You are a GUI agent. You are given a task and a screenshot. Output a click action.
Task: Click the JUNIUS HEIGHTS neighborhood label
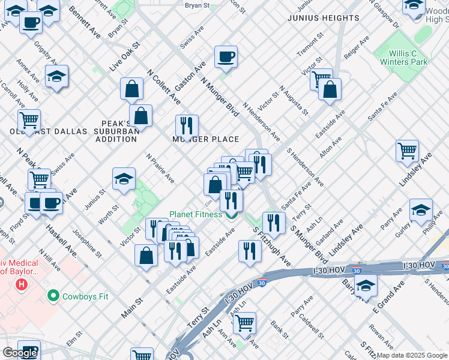(x=323, y=19)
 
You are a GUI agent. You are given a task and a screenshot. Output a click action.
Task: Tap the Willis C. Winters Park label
(x=403, y=57)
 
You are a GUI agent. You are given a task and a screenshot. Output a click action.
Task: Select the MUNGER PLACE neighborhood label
(x=206, y=139)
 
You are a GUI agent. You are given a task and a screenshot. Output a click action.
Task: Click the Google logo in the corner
(x=19, y=353)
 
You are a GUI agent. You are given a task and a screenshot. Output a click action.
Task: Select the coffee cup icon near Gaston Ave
(x=226, y=57)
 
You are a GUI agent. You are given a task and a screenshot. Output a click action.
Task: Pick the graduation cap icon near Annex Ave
(x=56, y=76)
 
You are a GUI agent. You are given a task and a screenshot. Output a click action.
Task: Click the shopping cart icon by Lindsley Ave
(x=407, y=150)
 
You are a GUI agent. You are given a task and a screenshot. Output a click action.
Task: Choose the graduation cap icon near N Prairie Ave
(x=124, y=178)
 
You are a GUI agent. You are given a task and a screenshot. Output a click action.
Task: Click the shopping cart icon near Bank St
(x=244, y=322)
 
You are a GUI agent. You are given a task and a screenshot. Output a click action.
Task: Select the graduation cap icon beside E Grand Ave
(x=366, y=286)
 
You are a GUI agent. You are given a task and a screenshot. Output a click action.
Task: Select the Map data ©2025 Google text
(x=412, y=355)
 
